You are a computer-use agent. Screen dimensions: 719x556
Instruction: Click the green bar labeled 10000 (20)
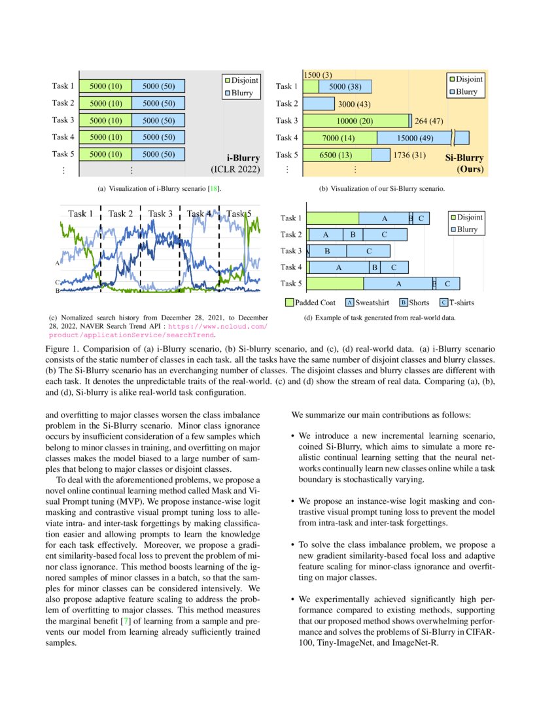point(355,120)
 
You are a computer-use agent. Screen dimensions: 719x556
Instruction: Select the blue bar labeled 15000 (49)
point(415,137)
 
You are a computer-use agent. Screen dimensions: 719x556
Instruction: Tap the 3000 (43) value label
point(354,103)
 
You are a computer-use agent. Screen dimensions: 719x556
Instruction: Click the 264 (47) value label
point(430,120)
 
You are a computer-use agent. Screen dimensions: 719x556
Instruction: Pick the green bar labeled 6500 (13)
point(336,155)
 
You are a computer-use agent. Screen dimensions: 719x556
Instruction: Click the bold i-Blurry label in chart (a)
point(243,158)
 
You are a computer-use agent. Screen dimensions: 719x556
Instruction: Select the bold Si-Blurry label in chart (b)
point(464,158)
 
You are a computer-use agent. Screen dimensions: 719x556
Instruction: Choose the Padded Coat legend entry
point(310,303)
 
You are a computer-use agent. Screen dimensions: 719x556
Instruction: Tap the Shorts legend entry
point(414,303)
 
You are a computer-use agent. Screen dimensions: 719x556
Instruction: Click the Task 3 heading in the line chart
point(160,214)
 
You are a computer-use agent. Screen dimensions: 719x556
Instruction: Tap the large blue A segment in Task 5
point(398,284)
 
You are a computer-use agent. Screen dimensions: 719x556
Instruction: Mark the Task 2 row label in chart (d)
point(291,235)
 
